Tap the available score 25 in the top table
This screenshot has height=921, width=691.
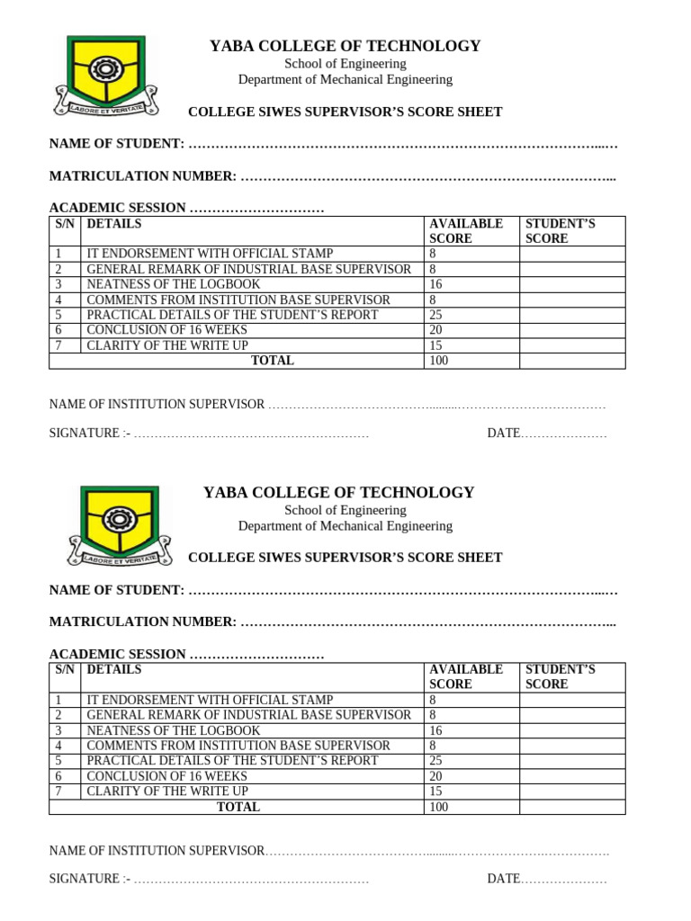click(436, 315)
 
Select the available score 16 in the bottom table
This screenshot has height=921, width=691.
click(436, 730)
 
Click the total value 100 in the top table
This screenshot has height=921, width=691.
click(440, 361)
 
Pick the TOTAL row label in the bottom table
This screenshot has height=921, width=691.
click(238, 807)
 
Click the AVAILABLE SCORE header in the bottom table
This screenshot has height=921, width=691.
click(466, 676)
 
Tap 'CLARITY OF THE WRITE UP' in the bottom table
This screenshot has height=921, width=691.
click(167, 791)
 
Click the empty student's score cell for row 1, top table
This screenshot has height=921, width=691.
click(571, 254)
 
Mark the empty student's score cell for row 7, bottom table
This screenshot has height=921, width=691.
click(571, 791)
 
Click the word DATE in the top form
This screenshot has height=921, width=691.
click(504, 434)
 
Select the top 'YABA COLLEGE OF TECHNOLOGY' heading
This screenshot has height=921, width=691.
click(345, 46)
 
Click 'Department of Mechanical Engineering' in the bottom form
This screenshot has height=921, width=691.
click(345, 526)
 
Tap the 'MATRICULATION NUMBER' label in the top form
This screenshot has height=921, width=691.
click(142, 175)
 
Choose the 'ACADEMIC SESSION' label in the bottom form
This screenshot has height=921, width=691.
click(117, 654)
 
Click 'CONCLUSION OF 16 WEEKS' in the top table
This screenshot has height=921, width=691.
click(166, 330)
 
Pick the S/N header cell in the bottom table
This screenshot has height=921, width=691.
click(65, 670)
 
